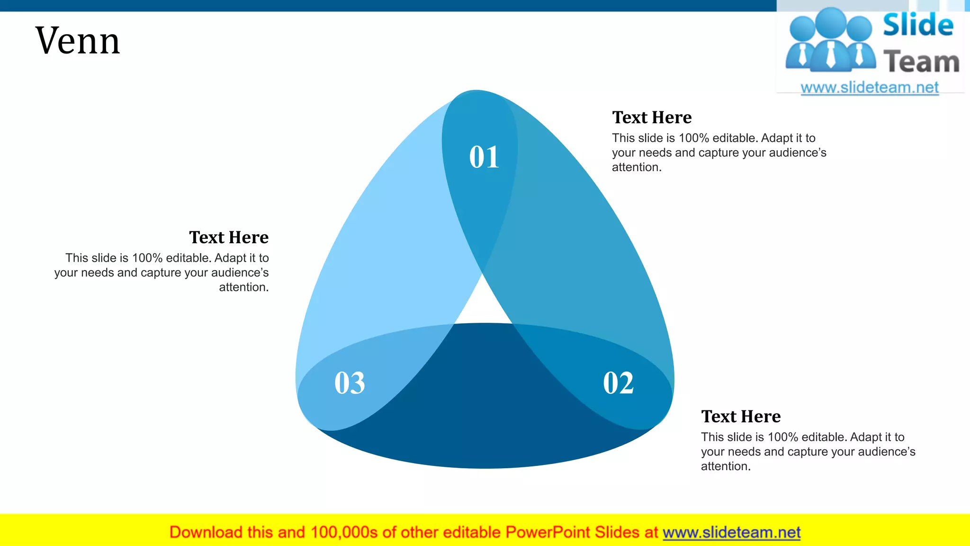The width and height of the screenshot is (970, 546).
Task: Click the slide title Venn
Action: point(78,41)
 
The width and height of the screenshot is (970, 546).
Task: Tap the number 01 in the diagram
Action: point(484,157)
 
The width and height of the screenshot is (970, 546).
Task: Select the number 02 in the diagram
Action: point(618,383)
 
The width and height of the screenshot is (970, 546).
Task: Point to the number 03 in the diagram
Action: point(350,383)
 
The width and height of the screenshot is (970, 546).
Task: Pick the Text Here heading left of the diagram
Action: point(229,237)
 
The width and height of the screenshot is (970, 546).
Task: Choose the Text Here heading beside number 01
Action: point(652,118)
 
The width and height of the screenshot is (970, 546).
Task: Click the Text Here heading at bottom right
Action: point(741,417)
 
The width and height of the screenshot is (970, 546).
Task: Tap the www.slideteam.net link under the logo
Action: point(870,88)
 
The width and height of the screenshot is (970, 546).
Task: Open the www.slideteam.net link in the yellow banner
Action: point(731,533)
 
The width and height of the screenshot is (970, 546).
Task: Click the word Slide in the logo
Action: point(918,25)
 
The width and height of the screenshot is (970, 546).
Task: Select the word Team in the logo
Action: point(921,62)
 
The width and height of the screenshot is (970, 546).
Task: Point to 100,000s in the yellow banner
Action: point(344,533)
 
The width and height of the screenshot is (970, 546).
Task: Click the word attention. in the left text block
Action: point(243,287)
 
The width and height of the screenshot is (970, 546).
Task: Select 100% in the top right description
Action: point(694,138)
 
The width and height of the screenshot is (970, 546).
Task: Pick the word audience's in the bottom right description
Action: point(886,452)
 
